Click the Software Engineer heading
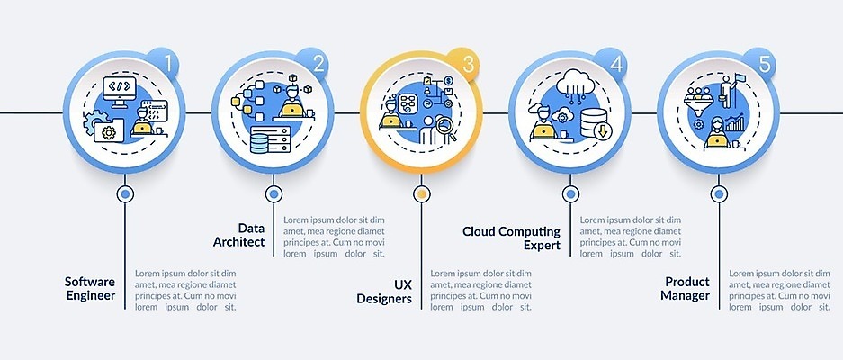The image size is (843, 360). (x=90, y=288)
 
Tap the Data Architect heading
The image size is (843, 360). (x=238, y=235)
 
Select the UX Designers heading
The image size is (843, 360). (x=384, y=291)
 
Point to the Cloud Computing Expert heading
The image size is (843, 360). (x=511, y=238)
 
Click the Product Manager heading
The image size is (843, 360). (x=685, y=288)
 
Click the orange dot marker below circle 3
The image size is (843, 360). (x=421, y=193)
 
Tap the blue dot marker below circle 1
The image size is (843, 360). (x=125, y=193)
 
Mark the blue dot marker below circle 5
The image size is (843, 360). (x=719, y=193)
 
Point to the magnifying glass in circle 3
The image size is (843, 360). (x=446, y=129)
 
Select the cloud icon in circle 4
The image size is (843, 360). (x=575, y=82)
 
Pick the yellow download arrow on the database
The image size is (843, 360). (x=602, y=131)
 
